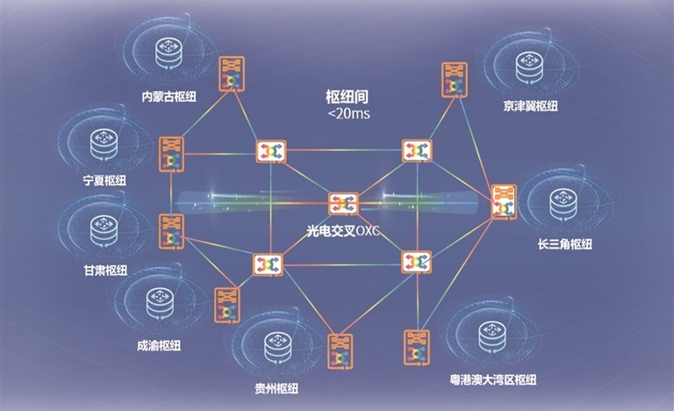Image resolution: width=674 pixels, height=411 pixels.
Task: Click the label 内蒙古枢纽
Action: [168, 97]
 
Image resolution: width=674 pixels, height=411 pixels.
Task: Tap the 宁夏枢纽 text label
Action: [104, 180]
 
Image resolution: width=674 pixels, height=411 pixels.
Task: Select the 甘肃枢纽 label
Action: [105, 270]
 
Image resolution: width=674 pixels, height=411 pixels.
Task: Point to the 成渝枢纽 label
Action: [159, 345]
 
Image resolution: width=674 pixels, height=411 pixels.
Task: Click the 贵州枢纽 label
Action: [276, 388]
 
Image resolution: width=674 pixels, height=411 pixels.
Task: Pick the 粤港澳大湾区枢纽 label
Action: [493, 379]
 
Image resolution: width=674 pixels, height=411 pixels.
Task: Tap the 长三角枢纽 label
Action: [565, 244]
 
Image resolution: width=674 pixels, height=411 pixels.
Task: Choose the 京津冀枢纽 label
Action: [530, 106]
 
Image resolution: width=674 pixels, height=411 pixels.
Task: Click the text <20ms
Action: [348, 114]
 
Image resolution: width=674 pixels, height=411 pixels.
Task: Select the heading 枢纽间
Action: [348, 97]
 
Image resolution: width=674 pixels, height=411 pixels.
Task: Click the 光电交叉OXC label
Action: [343, 231]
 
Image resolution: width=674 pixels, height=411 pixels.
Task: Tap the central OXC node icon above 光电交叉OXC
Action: [343, 204]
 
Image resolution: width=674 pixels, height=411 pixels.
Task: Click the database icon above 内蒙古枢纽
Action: [168, 54]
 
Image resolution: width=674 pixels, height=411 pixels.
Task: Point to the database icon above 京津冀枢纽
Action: [529, 67]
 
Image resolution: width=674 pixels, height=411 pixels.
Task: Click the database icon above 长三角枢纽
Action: [563, 203]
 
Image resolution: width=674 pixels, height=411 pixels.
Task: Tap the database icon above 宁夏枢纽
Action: [104, 144]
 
